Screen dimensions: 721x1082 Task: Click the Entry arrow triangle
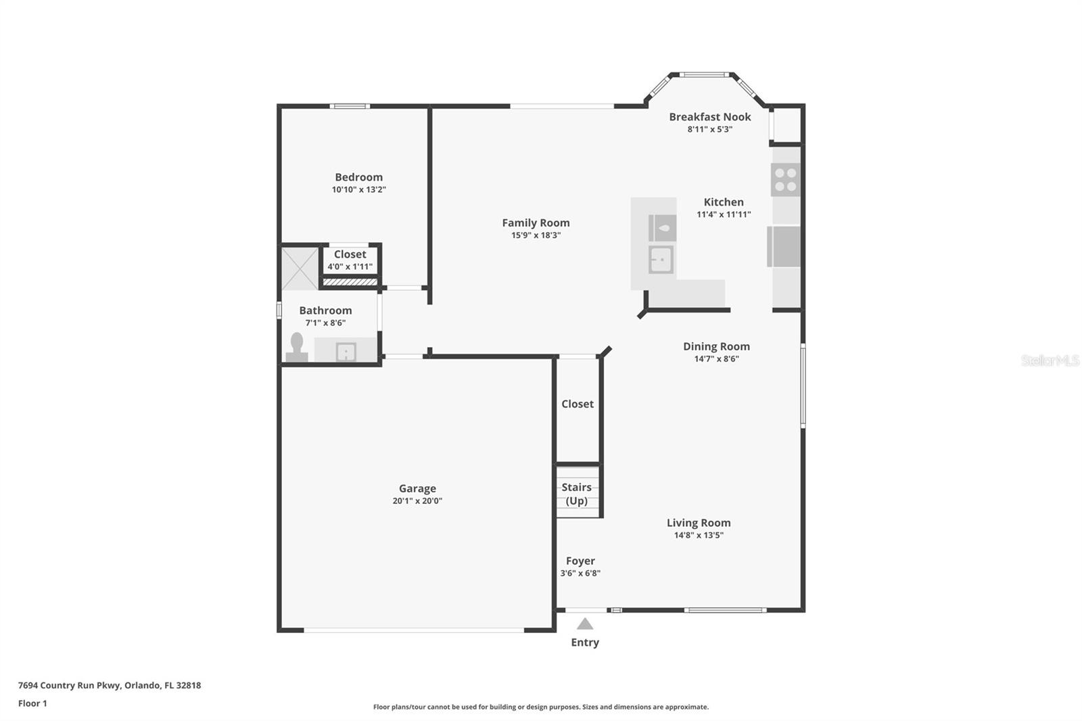585,624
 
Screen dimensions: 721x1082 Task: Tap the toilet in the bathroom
297,348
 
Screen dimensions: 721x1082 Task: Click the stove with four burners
785,179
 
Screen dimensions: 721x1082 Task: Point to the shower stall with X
300,269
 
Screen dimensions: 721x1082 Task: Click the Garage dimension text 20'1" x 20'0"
417,501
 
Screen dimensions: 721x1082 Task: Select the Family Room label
536,223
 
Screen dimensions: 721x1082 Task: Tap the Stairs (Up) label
577,494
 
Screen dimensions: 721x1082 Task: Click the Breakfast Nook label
710,117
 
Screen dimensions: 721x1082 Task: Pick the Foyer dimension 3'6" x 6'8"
580,574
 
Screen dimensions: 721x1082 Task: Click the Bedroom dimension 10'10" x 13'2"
358,190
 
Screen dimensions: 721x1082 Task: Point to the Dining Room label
716,346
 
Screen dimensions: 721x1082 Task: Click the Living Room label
699,523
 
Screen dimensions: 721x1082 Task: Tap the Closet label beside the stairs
578,404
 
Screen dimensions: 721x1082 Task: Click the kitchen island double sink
661,259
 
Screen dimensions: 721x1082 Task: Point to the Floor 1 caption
32,703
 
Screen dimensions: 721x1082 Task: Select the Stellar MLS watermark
1050,360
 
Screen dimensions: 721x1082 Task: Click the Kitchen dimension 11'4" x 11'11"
724,214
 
